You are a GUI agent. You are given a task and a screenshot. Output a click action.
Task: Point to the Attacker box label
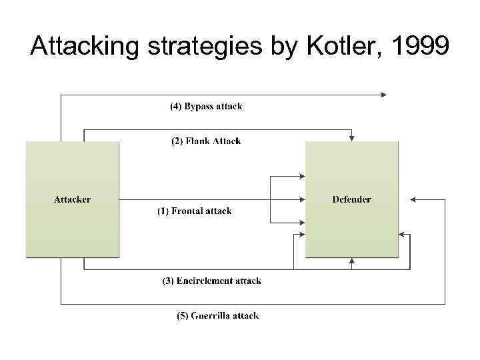(72, 199)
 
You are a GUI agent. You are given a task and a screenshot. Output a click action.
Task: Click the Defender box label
(351, 199)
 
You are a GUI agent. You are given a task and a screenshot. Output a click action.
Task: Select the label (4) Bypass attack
(205, 107)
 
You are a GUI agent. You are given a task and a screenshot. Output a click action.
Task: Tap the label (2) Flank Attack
(206, 141)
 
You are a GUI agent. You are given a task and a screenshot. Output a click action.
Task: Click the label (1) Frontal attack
(194, 211)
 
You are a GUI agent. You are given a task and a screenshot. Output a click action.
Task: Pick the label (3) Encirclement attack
(212, 281)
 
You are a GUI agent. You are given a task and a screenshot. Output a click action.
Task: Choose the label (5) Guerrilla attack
(217, 316)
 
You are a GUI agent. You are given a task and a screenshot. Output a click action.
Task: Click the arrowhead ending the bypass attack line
(383, 95)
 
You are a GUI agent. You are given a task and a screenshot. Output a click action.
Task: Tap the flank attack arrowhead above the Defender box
(351, 138)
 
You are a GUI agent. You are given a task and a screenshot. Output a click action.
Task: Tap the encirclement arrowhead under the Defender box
(351, 261)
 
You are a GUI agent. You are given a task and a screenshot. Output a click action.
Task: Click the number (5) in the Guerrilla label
(182, 316)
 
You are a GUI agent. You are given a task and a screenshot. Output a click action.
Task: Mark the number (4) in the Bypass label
(175, 107)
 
